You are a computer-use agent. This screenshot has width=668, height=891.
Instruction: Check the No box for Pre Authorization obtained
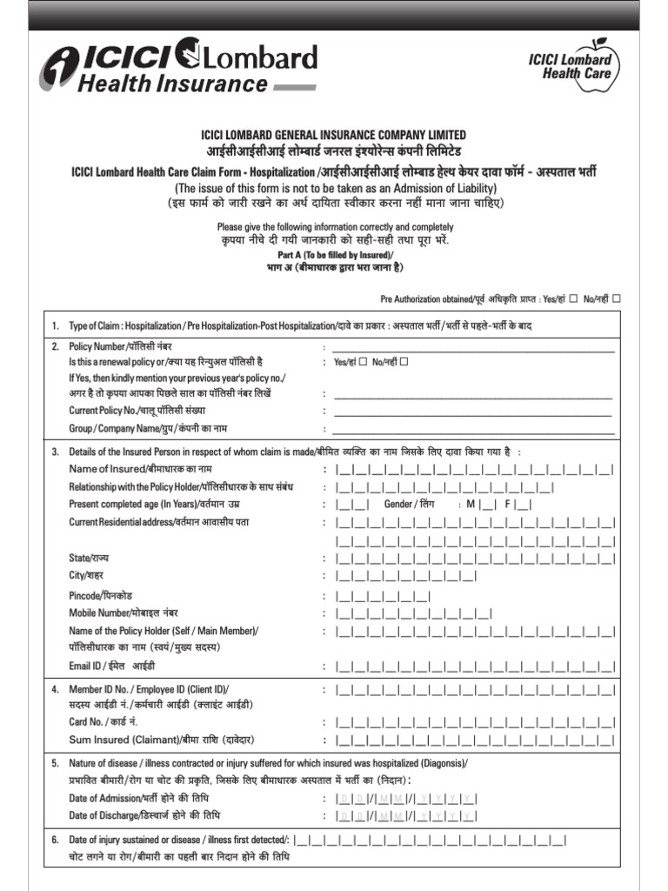[616, 298]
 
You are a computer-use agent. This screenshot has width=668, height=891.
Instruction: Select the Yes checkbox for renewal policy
[363, 361]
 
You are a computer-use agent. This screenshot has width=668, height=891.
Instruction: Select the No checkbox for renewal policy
[404, 361]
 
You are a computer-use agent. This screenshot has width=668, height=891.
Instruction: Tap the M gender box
[487, 505]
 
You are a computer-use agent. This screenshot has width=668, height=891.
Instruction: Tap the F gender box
[524, 505]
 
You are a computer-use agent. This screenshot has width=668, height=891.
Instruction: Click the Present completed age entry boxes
[353, 505]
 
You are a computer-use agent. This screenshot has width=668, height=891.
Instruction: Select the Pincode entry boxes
[383, 597]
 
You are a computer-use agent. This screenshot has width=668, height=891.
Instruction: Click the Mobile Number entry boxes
[413, 614]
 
